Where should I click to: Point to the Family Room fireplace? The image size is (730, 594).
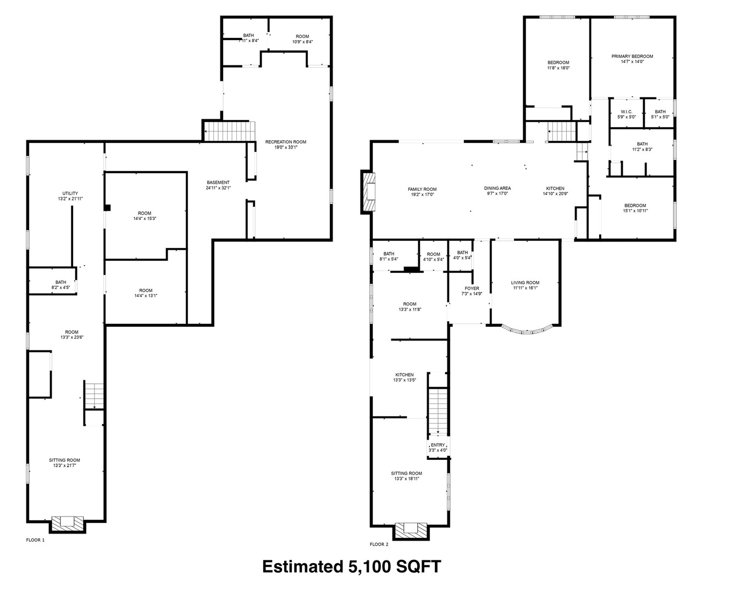tap(368, 192)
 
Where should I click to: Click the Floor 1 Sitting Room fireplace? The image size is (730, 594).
tap(68, 524)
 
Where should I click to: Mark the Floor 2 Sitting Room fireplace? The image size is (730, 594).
tap(411, 531)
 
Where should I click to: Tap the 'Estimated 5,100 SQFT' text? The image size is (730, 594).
tap(351, 566)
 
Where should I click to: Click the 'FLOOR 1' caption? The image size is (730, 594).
tap(35, 540)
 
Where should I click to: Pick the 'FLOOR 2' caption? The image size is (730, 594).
tap(379, 544)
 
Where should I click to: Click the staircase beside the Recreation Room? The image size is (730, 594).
tap(229, 131)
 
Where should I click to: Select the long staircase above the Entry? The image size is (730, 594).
tap(438, 411)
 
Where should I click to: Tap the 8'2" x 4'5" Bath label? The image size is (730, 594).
tap(60, 285)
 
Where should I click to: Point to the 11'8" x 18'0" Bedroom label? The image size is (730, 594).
tap(558, 65)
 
